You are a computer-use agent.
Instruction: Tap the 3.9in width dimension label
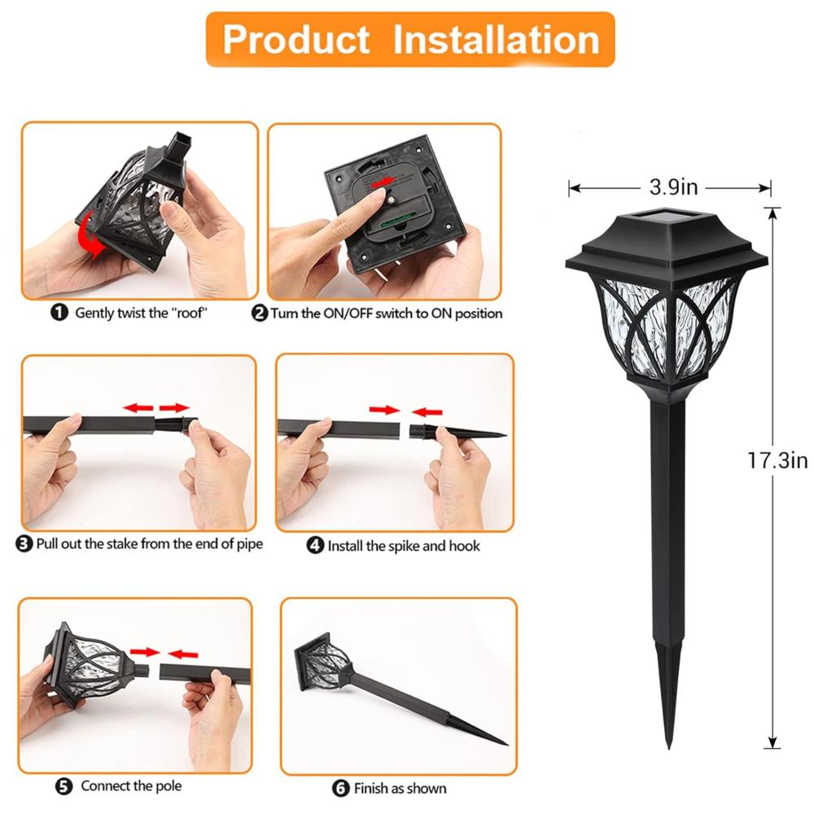(x=673, y=188)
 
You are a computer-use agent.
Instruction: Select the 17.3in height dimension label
(x=777, y=461)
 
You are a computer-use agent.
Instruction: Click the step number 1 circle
(x=59, y=313)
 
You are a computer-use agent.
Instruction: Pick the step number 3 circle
(x=24, y=544)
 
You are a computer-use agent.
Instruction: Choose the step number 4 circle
(x=316, y=546)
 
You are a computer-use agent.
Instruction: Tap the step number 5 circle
(x=63, y=786)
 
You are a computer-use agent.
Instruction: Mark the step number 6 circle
(x=341, y=788)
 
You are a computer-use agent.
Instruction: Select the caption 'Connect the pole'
(x=131, y=786)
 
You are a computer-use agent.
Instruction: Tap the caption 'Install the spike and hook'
(x=404, y=546)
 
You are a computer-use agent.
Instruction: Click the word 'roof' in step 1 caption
(x=190, y=313)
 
